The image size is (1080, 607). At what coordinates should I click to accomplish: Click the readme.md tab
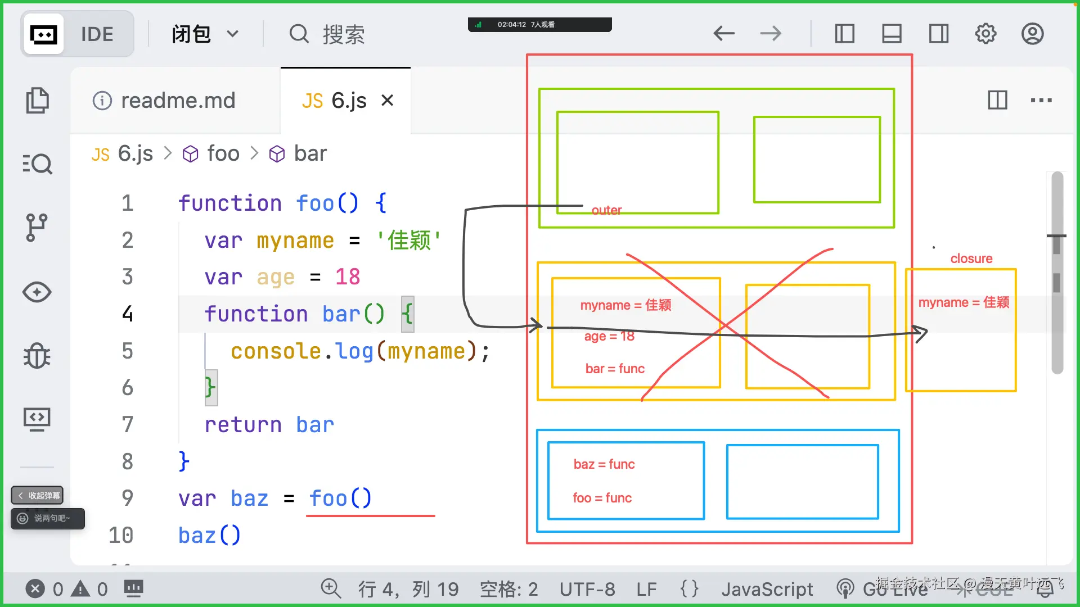(x=177, y=101)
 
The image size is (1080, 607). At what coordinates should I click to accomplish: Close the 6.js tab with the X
(x=387, y=101)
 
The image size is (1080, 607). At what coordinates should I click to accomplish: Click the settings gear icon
(x=985, y=34)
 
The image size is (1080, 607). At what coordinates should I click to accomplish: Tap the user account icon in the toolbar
(x=1032, y=34)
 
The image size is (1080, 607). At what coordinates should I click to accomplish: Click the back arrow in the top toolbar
(x=723, y=34)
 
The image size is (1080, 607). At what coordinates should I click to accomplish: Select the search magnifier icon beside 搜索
(x=299, y=34)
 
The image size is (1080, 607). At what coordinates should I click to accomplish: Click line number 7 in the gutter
(x=128, y=424)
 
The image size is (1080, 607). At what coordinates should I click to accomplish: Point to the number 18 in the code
(x=347, y=277)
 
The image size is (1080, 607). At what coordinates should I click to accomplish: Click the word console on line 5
(x=276, y=351)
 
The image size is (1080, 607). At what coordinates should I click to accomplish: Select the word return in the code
(x=242, y=424)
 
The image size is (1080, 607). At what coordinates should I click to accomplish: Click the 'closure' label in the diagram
(x=971, y=259)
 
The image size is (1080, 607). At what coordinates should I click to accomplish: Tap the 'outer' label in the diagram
(x=606, y=210)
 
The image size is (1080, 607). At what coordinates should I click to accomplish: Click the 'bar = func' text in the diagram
(x=615, y=369)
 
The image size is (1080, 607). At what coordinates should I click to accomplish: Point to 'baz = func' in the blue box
(x=604, y=464)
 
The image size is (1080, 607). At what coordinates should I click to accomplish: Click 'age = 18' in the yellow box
(x=609, y=336)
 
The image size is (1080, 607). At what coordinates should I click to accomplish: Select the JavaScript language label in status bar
(x=767, y=589)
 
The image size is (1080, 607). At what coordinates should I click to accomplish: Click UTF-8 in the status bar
(x=587, y=589)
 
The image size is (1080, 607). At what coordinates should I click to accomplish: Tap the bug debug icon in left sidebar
(x=37, y=356)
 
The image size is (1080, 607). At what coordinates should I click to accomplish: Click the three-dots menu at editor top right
(x=1041, y=101)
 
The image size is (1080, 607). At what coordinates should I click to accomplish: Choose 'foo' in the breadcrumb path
(x=223, y=153)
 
